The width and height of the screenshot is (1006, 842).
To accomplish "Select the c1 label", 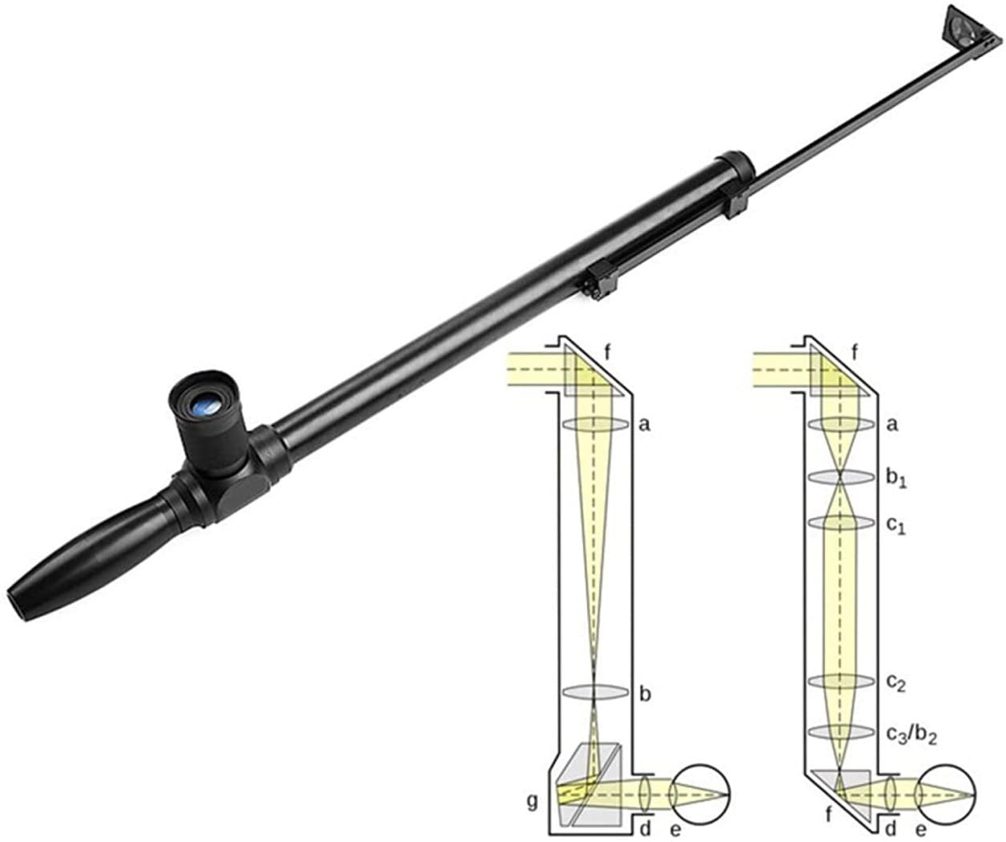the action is pyautogui.click(x=896, y=526).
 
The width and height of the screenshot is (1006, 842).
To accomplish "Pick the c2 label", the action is pyautogui.click(x=896, y=683).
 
